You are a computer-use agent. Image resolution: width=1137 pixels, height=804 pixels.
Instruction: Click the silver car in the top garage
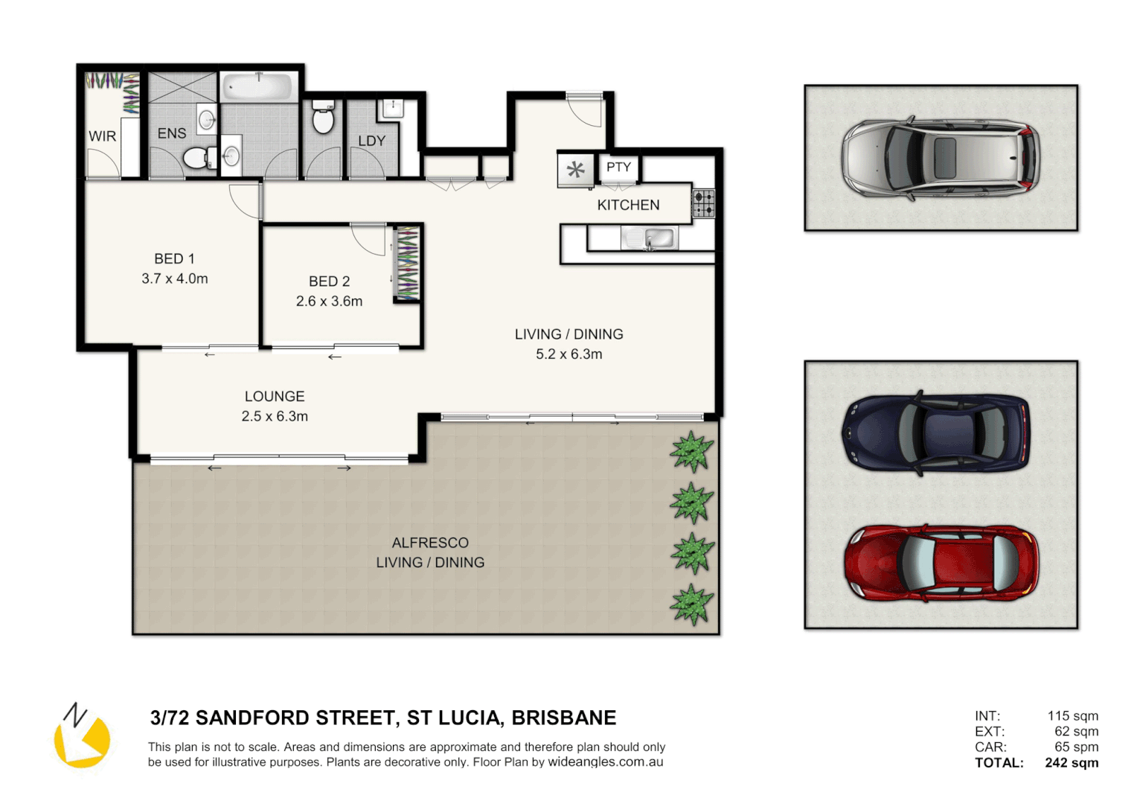click(941, 158)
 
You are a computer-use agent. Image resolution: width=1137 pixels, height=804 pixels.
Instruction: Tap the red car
click(941, 563)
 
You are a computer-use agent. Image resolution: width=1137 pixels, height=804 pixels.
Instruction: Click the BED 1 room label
click(174, 259)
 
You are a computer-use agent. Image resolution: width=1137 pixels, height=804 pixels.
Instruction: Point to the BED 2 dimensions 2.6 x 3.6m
click(329, 301)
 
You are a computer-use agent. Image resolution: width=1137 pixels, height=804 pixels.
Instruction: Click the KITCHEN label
click(628, 205)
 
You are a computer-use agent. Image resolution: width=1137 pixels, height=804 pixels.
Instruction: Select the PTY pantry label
click(618, 167)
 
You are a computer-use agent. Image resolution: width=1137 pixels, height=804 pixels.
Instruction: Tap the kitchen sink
click(650, 238)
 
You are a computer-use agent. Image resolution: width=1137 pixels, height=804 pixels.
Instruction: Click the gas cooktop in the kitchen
click(703, 203)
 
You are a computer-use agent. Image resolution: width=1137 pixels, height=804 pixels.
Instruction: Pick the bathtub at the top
click(258, 87)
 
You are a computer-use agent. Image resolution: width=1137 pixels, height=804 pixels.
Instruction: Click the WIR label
click(102, 136)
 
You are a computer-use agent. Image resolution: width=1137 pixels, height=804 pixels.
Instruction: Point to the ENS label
click(172, 133)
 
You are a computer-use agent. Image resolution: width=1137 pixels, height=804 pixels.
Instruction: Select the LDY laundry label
click(371, 141)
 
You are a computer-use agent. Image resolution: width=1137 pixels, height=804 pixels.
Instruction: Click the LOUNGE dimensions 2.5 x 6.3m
click(275, 416)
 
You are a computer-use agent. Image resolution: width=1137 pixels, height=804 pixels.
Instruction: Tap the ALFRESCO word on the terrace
click(430, 543)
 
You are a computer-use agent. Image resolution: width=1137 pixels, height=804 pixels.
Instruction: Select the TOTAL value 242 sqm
click(1071, 762)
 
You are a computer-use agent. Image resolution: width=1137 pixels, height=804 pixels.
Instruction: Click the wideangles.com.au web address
click(605, 762)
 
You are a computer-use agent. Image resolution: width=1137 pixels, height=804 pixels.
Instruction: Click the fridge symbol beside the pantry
click(575, 170)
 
